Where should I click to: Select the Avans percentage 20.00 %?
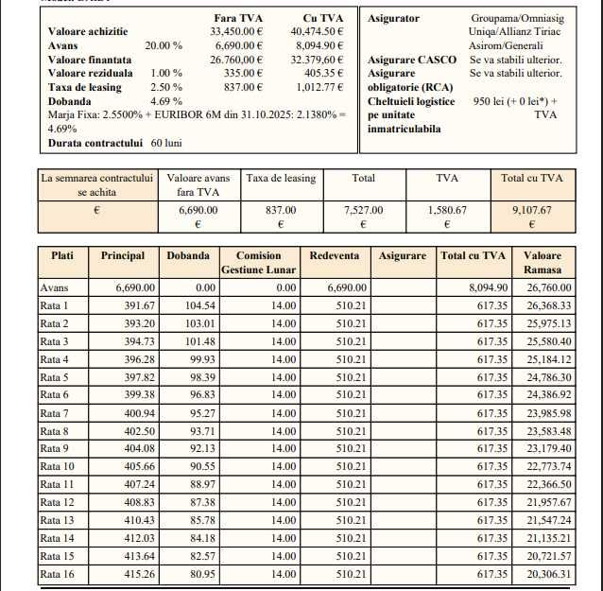[164, 44]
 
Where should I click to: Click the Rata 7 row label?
[54, 413]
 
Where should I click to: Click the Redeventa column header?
[334, 256]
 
